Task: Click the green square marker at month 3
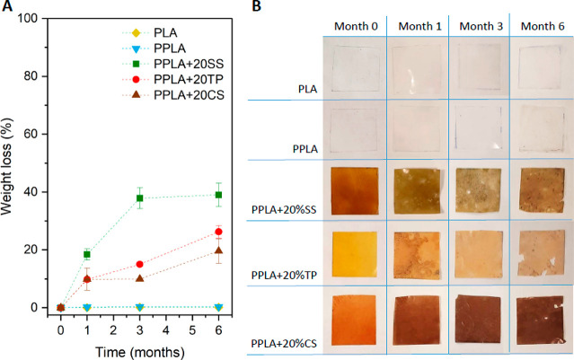(x=139, y=198)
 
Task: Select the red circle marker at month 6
(x=218, y=232)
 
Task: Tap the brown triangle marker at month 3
(x=139, y=278)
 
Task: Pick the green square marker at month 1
(x=87, y=254)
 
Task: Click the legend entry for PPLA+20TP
(x=172, y=79)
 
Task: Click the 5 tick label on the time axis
(x=192, y=330)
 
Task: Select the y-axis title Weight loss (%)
(x=6, y=166)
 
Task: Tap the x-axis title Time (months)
(x=140, y=352)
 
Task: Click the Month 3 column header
(x=481, y=26)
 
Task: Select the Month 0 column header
(x=356, y=26)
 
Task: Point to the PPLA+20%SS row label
(x=284, y=210)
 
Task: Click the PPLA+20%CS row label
(x=284, y=344)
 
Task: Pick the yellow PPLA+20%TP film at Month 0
(x=355, y=254)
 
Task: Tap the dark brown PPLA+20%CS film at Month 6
(x=541, y=320)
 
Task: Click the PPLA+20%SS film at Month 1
(x=417, y=190)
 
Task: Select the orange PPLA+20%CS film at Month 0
(x=354, y=320)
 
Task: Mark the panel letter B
(x=257, y=6)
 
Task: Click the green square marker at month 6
(x=218, y=195)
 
